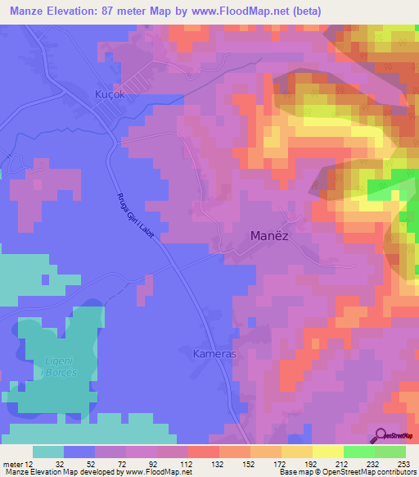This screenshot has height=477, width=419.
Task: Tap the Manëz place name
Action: pos(268,236)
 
